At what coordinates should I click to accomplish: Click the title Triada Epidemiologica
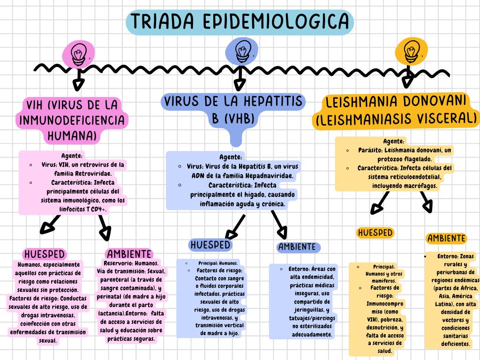click(240, 22)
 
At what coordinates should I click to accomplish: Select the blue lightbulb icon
click(241, 51)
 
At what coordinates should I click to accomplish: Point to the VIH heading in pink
click(73, 120)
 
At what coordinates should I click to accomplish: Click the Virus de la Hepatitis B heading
click(232, 109)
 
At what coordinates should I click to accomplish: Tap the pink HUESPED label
click(45, 254)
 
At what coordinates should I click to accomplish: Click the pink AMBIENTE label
click(129, 254)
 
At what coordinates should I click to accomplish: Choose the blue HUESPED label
click(210, 245)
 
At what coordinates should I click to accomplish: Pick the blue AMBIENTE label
click(297, 247)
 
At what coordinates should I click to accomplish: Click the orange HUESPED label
click(375, 233)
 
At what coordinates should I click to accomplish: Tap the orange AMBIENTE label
click(447, 239)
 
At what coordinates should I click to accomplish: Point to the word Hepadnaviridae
click(266, 176)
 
